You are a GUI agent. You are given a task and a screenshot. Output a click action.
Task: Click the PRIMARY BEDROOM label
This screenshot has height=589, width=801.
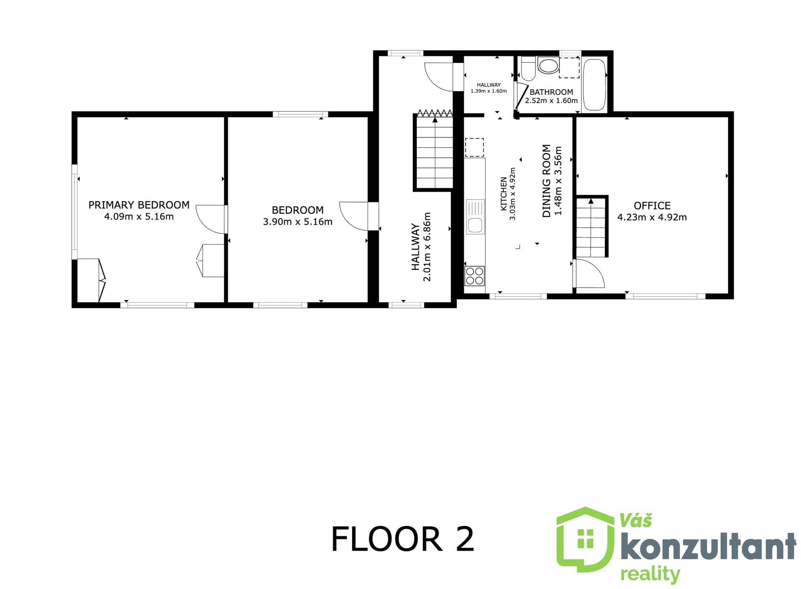[x=139, y=205]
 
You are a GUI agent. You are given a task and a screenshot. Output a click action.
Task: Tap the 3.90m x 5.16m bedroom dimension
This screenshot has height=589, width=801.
[x=297, y=222]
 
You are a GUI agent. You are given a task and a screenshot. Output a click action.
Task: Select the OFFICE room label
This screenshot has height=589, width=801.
[x=652, y=206]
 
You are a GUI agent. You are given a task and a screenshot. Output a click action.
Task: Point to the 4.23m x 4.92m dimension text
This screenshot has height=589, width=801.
[x=652, y=217]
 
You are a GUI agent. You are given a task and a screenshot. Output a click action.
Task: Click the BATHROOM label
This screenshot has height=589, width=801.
[x=551, y=92]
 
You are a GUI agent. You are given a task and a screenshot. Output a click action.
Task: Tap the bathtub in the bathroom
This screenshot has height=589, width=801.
[x=594, y=85]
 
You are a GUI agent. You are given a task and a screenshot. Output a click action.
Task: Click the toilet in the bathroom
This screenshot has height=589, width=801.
[x=528, y=69]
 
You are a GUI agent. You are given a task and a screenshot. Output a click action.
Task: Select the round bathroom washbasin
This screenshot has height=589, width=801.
[x=548, y=66]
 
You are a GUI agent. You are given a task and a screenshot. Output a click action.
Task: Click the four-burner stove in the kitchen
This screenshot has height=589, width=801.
[x=475, y=276]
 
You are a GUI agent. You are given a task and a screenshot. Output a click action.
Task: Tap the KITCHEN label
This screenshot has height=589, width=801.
[x=504, y=194]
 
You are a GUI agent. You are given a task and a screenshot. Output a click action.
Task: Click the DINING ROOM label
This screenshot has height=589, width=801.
[x=547, y=181]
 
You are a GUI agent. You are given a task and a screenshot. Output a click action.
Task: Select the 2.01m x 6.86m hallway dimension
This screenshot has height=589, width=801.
[x=427, y=247]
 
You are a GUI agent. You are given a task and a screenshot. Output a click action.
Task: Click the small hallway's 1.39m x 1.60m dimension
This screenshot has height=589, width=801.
[x=489, y=91]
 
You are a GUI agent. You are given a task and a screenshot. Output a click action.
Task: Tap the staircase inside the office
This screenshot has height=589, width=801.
[x=591, y=228]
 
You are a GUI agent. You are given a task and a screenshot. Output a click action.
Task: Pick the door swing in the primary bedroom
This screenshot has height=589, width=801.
[x=211, y=219]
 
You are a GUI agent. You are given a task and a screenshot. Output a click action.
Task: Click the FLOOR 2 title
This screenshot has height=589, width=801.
[x=403, y=539]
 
